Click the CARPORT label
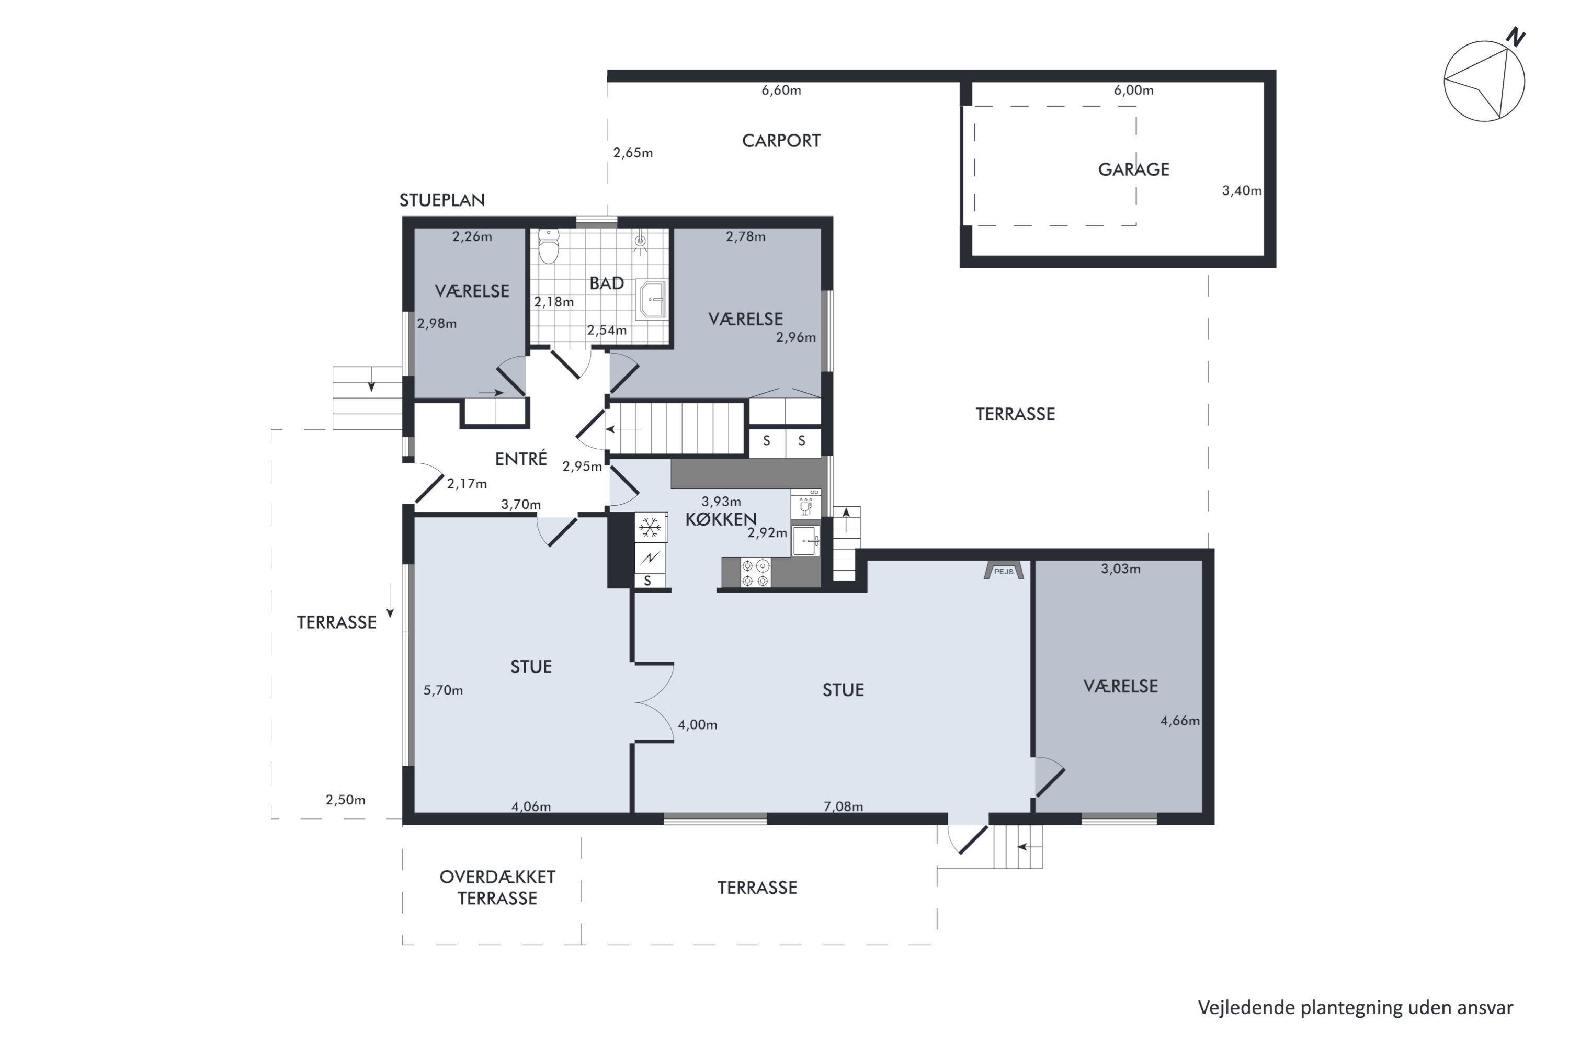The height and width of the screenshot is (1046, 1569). [781, 141]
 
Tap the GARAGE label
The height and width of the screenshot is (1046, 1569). [1133, 169]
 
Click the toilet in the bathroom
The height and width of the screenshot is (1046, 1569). [548, 246]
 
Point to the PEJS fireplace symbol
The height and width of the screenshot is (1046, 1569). [1003, 571]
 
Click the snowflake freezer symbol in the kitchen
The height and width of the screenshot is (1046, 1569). [650, 528]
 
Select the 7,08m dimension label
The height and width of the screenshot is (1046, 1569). [843, 806]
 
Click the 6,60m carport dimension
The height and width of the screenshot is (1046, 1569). [781, 90]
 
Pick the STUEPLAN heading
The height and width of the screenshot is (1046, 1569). [441, 200]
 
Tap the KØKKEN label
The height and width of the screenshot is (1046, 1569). [721, 519]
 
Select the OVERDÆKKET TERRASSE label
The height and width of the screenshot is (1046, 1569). [497, 887]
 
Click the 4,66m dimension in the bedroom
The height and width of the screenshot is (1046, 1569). [1180, 721]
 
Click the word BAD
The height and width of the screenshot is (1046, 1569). [606, 283]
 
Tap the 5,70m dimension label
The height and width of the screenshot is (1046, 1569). [443, 690]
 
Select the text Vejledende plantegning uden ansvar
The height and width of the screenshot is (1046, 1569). [1356, 1007]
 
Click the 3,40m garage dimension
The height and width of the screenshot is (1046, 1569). [1242, 191]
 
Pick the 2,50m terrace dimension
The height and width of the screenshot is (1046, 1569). [345, 800]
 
